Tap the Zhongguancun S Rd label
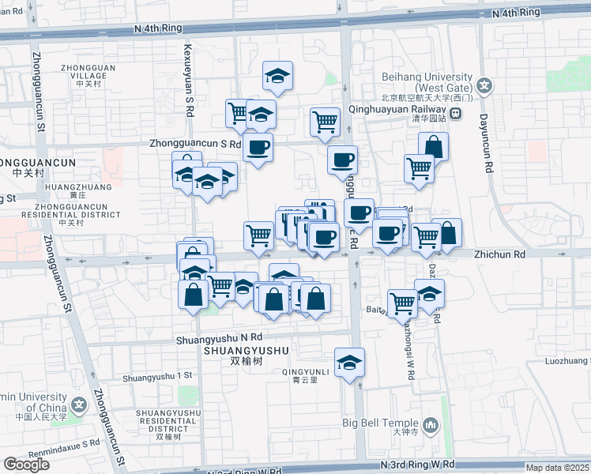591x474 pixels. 194,144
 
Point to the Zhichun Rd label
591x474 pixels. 499,255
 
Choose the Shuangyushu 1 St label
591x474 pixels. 158,376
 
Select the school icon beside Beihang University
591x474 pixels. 484,85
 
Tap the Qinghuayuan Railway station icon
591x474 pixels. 456,115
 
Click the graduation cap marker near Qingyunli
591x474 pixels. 349,363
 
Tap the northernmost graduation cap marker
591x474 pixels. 277,76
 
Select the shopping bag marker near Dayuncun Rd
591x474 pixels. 433,146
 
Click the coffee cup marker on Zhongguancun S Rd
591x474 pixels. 258,147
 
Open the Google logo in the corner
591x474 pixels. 27,465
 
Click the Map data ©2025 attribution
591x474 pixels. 558,468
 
